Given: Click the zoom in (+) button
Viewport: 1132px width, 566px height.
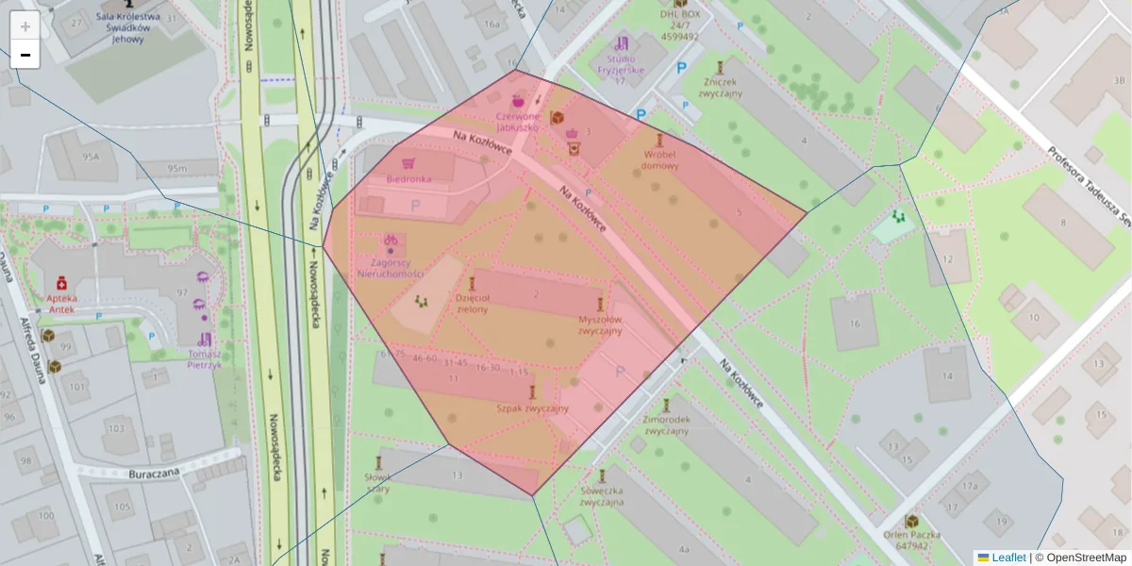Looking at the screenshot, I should [x=25, y=26].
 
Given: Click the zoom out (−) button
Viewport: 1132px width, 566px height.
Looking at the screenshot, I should [x=25, y=55].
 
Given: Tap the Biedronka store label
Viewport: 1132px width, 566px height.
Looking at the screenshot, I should [x=408, y=178].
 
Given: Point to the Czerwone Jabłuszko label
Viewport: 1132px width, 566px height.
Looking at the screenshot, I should [x=517, y=121].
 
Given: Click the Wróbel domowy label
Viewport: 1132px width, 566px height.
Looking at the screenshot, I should [x=659, y=159].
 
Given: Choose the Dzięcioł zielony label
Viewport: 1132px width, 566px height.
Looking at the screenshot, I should [x=473, y=304].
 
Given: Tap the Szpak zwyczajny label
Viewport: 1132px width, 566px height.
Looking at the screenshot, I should [x=533, y=408].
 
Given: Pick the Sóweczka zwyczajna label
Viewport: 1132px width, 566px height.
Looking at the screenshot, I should [x=603, y=496].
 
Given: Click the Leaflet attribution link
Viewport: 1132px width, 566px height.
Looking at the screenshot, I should [x=1007, y=558].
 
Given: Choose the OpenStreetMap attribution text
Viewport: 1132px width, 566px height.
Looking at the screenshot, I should [x=1086, y=558].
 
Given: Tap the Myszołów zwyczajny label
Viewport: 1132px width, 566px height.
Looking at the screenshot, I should [x=600, y=325].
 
